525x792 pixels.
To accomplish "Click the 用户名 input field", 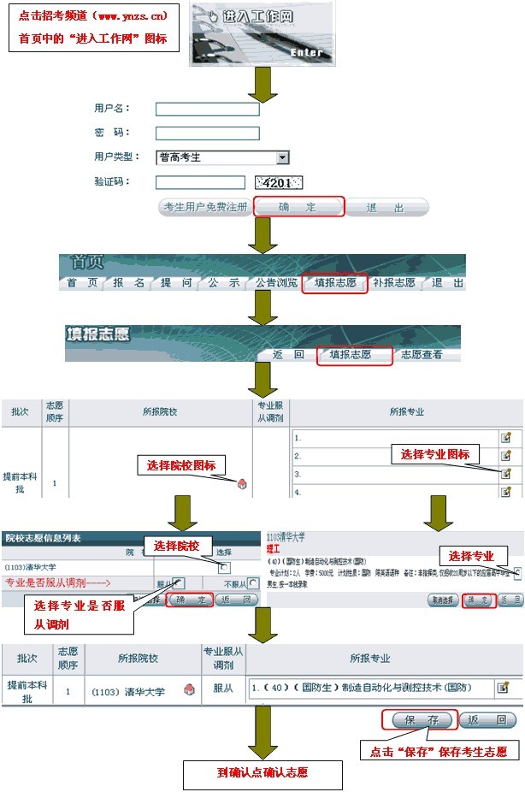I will tap(207, 109).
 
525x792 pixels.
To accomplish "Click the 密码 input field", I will tap(207, 133).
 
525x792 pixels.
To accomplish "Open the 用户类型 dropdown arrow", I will tap(282, 157).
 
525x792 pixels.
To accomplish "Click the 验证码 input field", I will tap(200, 181).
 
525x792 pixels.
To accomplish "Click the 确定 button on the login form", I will tap(298, 207).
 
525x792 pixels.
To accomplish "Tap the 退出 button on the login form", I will tap(386, 207).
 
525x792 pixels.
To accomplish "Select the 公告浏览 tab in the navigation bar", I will tap(275, 283).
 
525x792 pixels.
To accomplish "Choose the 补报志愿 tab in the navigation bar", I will tap(394, 283).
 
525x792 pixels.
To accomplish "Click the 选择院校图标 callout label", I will tap(181, 465).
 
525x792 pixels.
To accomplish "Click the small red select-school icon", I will tap(243, 484).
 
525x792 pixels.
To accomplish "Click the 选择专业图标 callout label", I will tap(435, 454).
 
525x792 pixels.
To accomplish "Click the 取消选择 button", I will tap(442, 600).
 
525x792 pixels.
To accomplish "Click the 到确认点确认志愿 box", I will tap(262, 773).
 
